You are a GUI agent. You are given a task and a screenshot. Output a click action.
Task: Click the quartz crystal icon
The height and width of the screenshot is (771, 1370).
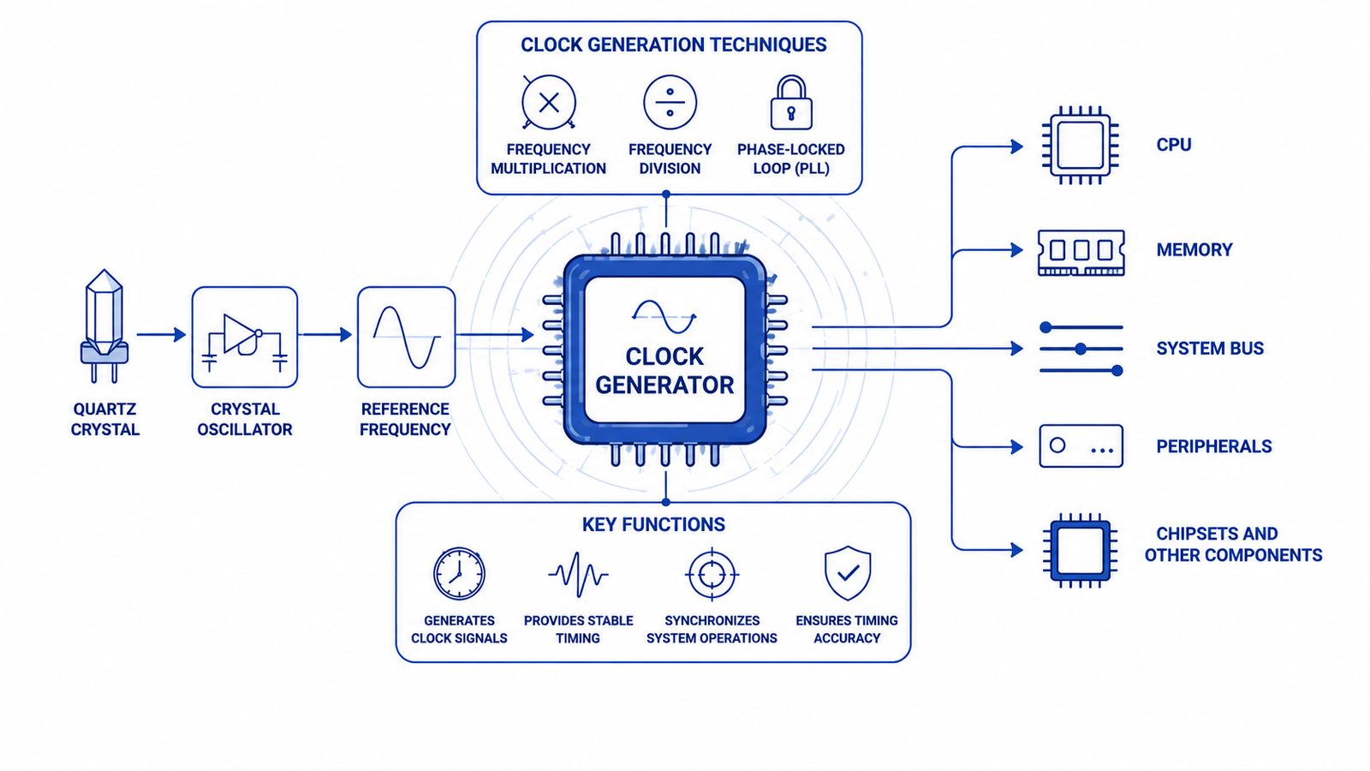coord(104,326)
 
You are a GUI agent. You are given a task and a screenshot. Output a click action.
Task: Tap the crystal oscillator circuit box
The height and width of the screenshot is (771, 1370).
coord(245,338)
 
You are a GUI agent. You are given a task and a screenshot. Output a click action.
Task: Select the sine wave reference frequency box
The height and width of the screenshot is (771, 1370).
coord(406,338)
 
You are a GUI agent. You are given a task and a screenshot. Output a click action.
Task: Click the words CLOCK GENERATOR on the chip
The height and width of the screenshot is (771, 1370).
coord(664,371)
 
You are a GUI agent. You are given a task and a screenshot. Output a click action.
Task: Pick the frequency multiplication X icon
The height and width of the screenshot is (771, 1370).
coord(549,102)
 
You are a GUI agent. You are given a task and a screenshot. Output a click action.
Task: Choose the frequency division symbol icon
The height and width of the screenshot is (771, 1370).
coord(670,102)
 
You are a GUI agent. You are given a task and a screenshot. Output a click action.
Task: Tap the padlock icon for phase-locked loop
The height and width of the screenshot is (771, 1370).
coord(791,102)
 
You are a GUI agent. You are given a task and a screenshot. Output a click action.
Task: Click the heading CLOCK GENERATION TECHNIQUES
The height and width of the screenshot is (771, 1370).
coord(673,45)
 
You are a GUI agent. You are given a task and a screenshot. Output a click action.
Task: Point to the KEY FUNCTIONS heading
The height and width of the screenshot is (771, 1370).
coord(653,524)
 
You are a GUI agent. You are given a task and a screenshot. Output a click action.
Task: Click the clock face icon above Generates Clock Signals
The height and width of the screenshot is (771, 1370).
coord(459,573)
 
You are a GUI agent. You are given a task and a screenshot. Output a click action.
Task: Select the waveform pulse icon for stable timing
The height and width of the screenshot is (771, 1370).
coord(578,575)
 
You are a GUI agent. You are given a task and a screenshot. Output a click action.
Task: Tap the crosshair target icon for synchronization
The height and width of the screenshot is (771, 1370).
coord(712,575)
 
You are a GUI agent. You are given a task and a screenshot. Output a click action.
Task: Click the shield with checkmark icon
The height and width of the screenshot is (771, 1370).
coord(848,573)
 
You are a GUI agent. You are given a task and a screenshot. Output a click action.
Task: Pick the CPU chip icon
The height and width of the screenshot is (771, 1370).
coord(1081,145)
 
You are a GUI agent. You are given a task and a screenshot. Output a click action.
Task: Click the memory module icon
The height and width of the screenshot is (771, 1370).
coord(1081,252)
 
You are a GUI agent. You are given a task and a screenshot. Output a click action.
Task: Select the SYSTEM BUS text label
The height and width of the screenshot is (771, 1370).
coord(1210,348)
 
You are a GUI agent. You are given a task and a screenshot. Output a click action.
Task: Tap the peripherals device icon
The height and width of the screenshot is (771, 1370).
coord(1081,446)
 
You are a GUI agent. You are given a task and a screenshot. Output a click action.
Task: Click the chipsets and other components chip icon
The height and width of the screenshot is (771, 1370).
coord(1080,550)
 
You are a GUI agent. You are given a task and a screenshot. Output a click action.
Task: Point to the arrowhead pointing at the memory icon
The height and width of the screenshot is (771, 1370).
coord(1017,249)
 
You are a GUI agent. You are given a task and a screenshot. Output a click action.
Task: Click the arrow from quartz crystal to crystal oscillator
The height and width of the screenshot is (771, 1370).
coord(162,335)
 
